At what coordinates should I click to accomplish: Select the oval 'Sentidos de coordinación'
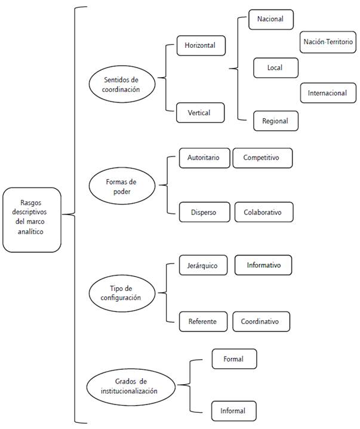click(x=121, y=84)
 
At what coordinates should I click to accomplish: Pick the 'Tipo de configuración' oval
click(x=121, y=293)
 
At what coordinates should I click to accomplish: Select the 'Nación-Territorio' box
click(x=328, y=42)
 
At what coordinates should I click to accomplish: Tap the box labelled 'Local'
click(x=275, y=68)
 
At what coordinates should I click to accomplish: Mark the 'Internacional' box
click(x=327, y=93)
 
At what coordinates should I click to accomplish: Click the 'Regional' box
click(x=275, y=121)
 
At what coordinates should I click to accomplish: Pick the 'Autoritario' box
click(x=204, y=158)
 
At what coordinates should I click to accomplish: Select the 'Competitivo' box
click(x=263, y=158)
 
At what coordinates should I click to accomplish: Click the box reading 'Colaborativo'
click(x=263, y=212)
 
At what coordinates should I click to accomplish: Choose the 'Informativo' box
click(x=263, y=264)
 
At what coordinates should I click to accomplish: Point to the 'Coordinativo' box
click(x=261, y=321)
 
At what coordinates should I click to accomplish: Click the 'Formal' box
click(x=234, y=358)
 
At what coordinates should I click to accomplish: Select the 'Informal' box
click(x=234, y=410)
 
